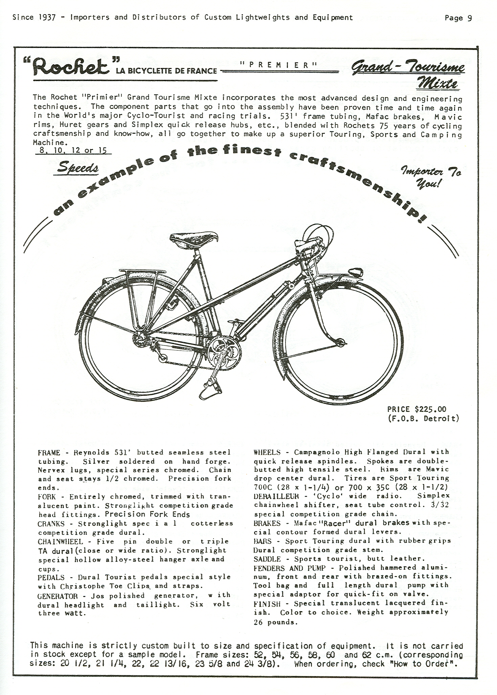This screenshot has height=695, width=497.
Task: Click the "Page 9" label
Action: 458,18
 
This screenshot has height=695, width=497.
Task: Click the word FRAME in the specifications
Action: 49,453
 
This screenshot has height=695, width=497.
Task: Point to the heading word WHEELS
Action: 267,452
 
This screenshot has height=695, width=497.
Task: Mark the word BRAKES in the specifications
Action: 267,523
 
